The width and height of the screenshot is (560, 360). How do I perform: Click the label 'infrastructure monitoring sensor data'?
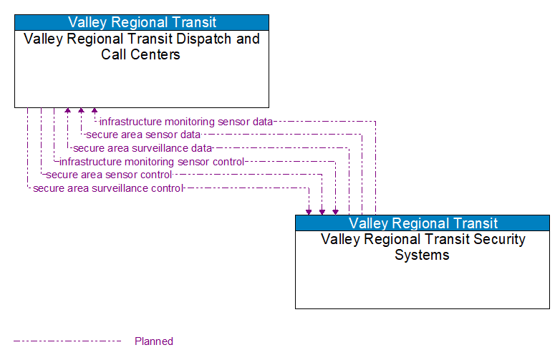click(186, 122)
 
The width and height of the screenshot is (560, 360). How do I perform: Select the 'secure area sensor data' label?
click(143, 135)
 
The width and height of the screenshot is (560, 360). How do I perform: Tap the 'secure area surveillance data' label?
click(143, 148)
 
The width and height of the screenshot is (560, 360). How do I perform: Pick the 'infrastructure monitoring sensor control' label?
click(152, 162)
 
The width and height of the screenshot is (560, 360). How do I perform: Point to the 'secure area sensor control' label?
click(109, 175)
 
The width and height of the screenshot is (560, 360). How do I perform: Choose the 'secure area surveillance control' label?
click(108, 188)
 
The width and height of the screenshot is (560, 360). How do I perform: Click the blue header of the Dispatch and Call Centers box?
click(142, 22)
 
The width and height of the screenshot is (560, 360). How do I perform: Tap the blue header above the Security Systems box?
click(423, 223)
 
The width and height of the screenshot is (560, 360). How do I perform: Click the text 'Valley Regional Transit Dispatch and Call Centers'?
click(142, 47)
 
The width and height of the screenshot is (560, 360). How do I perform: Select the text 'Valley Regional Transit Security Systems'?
click(423, 247)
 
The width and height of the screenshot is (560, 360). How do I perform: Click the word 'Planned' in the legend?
click(154, 341)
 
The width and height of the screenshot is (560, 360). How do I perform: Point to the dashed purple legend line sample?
click(67, 341)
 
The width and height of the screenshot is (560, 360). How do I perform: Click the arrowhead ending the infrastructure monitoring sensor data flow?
click(95, 112)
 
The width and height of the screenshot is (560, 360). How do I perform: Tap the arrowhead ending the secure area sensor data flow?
click(81, 112)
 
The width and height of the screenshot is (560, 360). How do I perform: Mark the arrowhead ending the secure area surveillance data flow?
click(68, 112)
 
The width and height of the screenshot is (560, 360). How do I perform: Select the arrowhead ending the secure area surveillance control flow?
click(309, 211)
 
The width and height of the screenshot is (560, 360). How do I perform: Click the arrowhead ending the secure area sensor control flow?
click(322, 211)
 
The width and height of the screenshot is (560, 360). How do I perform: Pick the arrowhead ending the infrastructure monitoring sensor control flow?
click(335, 211)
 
